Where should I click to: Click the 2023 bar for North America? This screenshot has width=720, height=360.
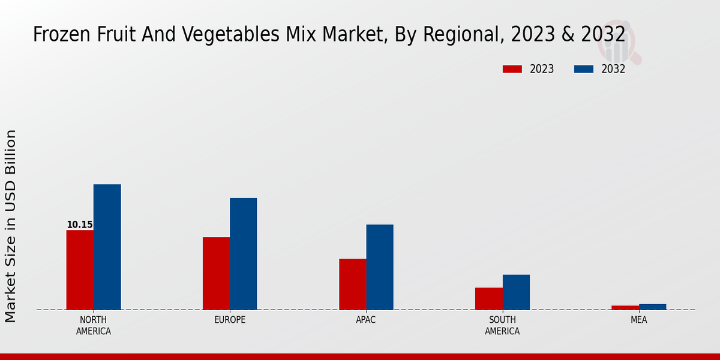(80, 269)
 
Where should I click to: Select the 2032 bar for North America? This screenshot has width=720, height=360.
(107, 247)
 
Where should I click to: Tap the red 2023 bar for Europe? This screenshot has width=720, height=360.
(216, 273)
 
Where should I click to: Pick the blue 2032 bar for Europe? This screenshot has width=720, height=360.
(243, 254)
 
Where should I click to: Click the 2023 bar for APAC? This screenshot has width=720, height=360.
(352, 284)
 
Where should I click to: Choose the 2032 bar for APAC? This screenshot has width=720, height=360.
(380, 267)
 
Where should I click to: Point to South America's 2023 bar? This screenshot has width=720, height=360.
(488, 298)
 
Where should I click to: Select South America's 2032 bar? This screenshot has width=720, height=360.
(516, 292)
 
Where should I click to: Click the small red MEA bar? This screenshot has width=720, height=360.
(625, 307)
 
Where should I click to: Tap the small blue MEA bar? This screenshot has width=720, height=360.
(652, 307)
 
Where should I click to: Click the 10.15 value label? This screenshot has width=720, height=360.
(79, 225)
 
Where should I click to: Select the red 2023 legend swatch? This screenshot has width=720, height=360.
(512, 69)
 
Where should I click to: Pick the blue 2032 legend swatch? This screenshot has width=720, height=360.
(583, 69)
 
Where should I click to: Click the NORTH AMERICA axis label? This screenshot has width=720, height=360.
(94, 325)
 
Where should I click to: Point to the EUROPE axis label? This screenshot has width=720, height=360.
(230, 320)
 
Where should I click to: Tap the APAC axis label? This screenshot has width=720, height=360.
(366, 320)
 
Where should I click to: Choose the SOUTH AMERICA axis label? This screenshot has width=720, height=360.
(502, 325)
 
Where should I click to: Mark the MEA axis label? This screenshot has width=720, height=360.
(638, 320)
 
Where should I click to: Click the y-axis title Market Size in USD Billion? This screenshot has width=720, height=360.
(11, 226)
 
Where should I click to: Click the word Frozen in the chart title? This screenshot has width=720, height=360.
(58, 35)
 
